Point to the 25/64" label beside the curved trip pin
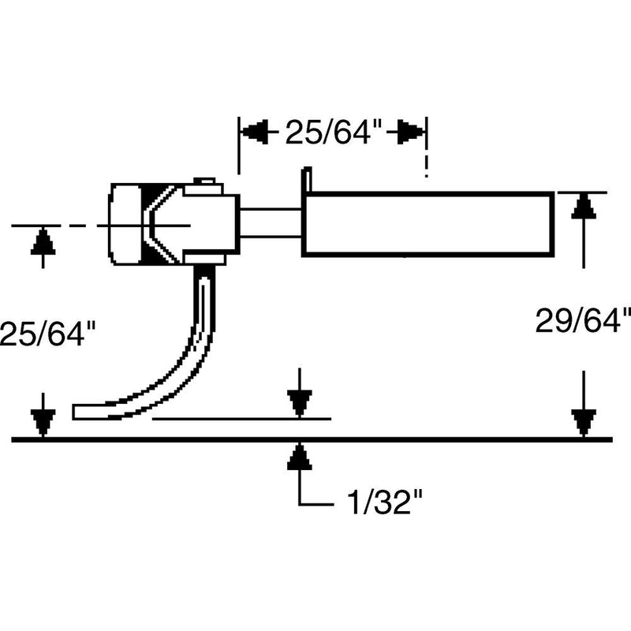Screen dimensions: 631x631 click(x=49, y=332)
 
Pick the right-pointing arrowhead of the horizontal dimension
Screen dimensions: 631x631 click(x=411, y=133)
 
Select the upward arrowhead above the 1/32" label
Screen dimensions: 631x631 click(x=297, y=455)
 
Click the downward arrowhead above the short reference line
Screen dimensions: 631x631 click(x=297, y=404)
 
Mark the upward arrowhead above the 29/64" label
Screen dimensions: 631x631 click(x=582, y=207)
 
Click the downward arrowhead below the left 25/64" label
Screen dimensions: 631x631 click(x=43, y=422)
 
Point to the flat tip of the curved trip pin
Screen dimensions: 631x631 click(x=80, y=412)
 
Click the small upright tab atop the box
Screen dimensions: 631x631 click(x=308, y=178)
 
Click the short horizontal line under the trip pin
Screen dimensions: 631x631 click(x=241, y=419)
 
